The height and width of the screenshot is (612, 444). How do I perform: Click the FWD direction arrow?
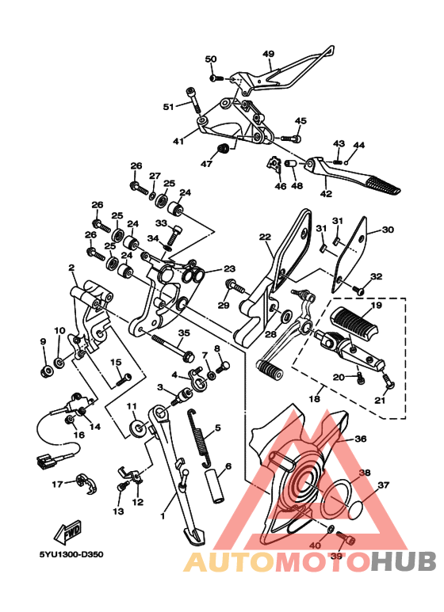68,532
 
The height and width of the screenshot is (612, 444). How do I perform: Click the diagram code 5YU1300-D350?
71,554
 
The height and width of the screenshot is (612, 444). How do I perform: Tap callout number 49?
269,54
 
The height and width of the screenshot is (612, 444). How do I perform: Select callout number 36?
360,439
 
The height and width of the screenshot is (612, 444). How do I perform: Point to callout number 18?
314,399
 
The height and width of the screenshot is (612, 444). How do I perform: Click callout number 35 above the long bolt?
184,333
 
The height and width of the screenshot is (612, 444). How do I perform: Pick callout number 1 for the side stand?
163,516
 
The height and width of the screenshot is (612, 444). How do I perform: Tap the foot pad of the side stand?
194,536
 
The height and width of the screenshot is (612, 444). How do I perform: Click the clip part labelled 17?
87,484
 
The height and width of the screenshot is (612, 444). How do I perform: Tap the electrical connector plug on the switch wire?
44,463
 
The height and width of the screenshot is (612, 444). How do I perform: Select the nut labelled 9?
46,371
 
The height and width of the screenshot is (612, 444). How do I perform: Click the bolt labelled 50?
216,78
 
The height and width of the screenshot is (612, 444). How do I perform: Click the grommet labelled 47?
223,150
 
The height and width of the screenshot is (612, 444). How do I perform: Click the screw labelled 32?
358,290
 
